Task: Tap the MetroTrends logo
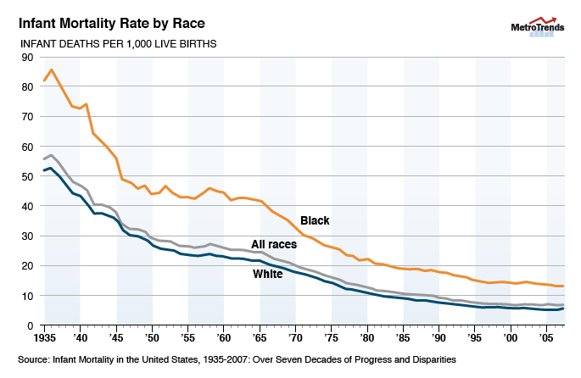[x=534, y=28]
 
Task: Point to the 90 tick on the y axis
[x=27, y=58]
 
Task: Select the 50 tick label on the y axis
[x=27, y=176]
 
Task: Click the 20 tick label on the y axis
[x=27, y=266]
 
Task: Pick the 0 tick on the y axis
[x=31, y=325]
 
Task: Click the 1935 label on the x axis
[x=45, y=337]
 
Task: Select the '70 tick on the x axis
[x=295, y=337]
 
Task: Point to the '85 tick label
[x=403, y=337]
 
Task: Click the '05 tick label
[x=546, y=337]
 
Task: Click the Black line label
[x=315, y=221]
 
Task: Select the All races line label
[x=273, y=244]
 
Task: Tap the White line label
[x=268, y=274]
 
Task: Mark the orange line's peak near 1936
[x=52, y=69]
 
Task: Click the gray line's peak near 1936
[x=52, y=155]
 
